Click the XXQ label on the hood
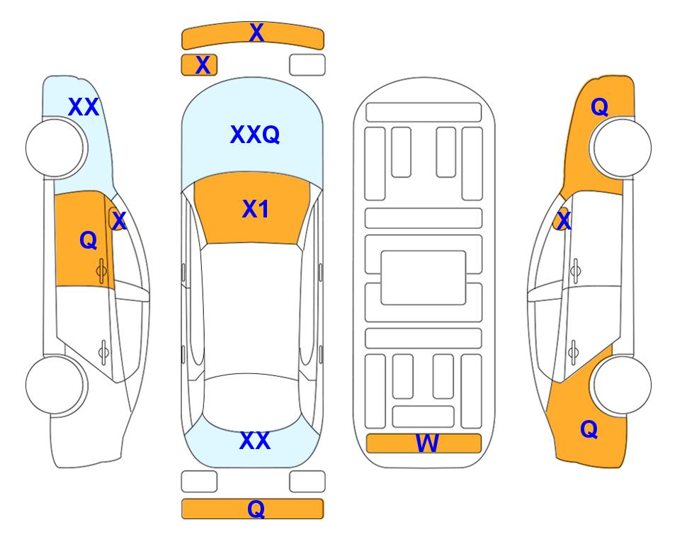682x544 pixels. [x=255, y=135]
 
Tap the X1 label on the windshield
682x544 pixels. [x=256, y=209]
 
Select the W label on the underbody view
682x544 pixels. [x=426, y=443]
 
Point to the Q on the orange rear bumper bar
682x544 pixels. [x=256, y=509]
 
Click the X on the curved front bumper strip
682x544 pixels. [x=256, y=33]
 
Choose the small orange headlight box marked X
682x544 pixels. [x=199, y=65]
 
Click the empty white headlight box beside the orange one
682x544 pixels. [x=307, y=65]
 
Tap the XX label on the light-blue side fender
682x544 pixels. [x=84, y=107]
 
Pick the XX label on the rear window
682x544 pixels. [x=255, y=441]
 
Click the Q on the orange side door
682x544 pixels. [x=89, y=240]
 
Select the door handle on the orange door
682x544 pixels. [x=101, y=271]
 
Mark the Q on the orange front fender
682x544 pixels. [x=599, y=107]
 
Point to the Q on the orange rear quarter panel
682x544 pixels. [x=589, y=429]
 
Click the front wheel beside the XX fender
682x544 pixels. [x=55, y=148]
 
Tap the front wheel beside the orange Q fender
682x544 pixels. [x=622, y=147]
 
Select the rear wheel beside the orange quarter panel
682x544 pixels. [x=622, y=385]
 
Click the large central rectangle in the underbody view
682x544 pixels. [x=424, y=278]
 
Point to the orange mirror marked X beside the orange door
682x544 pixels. [x=117, y=220]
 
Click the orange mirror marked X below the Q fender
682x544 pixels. [x=562, y=219]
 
